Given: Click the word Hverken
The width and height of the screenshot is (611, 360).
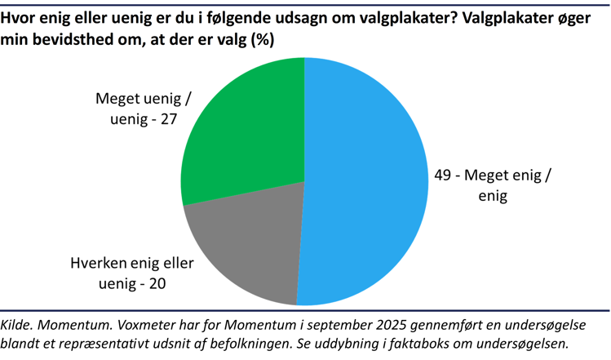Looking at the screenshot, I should (x=95, y=264).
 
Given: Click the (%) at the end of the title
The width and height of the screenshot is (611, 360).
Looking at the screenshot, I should (x=259, y=39).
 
